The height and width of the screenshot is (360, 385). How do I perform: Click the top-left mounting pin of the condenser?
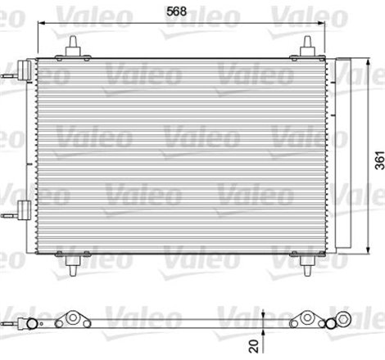(x=73, y=47)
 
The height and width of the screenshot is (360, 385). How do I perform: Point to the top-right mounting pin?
(x=308, y=47)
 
